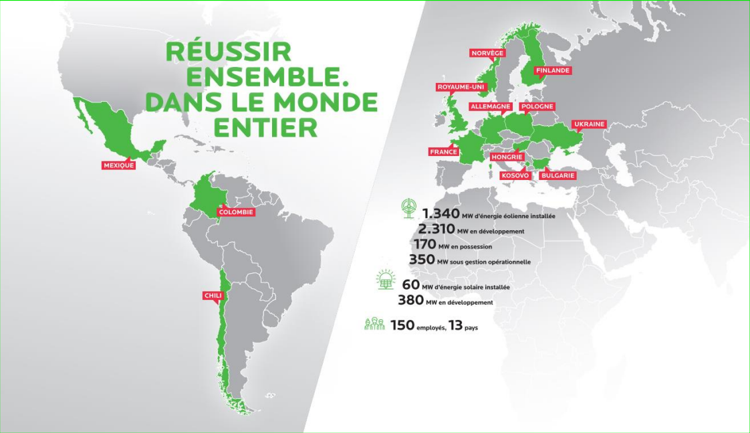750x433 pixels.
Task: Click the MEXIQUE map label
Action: click(118, 165)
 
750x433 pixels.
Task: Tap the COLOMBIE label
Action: click(237, 212)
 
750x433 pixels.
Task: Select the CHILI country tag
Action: click(212, 295)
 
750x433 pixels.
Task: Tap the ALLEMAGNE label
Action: click(491, 106)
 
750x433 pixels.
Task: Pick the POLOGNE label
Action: click(537, 106)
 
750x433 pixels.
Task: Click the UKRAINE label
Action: click(589, 124)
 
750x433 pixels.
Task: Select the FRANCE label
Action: click(443, 152)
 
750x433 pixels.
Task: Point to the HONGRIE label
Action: click(506, 157)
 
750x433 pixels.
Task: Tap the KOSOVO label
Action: click(515, 175)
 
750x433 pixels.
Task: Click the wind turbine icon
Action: click(408, 208)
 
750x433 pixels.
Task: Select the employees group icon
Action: click(374, 325)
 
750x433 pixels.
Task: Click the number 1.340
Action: click(441, 214)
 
